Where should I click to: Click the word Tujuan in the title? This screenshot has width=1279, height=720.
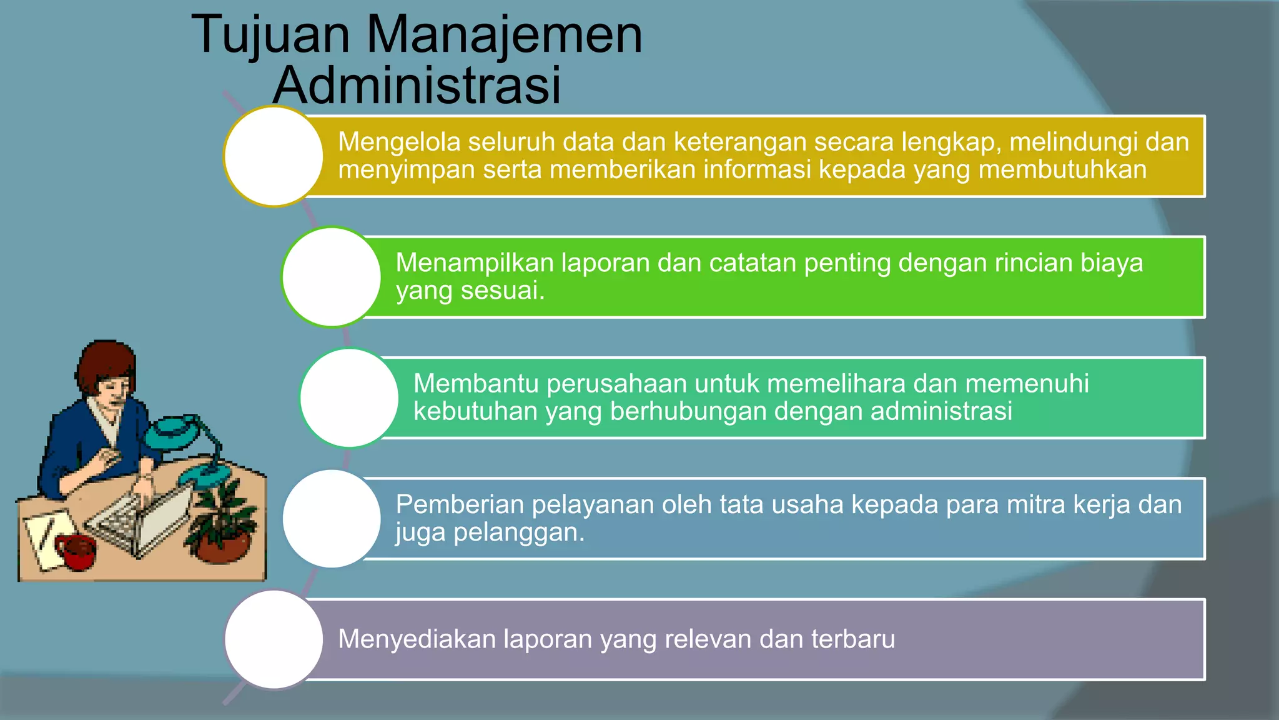click(x=270, y=36)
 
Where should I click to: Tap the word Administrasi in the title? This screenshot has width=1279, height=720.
click(x=417, y=86)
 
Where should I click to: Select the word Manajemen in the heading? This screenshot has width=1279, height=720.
click(x=504, y=35)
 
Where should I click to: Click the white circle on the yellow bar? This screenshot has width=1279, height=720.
click(x=274, y=156)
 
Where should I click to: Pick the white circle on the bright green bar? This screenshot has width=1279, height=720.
click(x=331, y=277)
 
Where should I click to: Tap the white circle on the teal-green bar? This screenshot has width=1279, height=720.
click(x=349, y=398)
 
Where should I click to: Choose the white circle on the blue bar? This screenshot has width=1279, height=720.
click(x=331, y=519)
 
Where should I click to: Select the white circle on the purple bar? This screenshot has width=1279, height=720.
click(x=274, y=639)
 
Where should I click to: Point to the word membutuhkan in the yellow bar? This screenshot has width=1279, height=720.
click(x=1062, y=170)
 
